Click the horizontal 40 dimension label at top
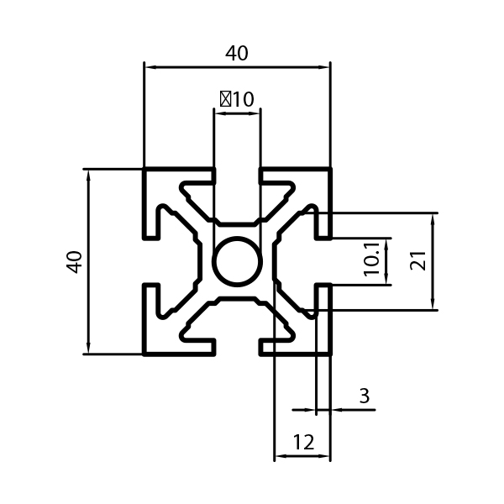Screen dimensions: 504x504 [237, 54]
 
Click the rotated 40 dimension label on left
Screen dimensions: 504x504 [74, 262]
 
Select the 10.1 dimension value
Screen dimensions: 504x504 [372, 260]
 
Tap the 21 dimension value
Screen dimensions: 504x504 [418, 260]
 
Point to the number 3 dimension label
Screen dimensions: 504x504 [365, 396]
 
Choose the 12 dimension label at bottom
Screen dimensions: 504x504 [303, 442]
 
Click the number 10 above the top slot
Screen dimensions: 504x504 [243, 99]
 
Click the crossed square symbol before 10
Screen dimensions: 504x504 [225, 99]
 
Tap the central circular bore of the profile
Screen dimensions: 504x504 [237, 261]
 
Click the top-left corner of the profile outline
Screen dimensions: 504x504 [144, 168]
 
